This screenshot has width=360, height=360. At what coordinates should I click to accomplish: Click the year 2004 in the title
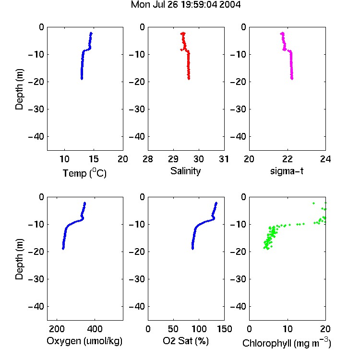[x=230, y=5]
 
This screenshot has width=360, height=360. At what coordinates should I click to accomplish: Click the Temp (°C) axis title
[x=84, y=173]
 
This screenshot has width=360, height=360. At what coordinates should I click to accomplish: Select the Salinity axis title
[x=185, y=171]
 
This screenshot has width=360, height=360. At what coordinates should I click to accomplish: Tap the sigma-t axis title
[x=287, y=171]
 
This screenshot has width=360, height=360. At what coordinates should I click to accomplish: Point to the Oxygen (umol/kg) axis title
[x=84, y=341]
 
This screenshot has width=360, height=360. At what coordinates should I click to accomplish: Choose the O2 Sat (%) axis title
[x=186, y=341]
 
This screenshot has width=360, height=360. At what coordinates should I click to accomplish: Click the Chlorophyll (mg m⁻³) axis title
[x=287, y=343]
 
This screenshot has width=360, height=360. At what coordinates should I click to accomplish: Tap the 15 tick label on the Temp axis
[x=94, y=159]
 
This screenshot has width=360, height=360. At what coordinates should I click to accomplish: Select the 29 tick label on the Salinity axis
[x=173, y=159]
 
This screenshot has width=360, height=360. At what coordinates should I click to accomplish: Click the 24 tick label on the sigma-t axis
[x=325, y=159]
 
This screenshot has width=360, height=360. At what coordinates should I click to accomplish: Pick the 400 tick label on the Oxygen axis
[x=95, y=329]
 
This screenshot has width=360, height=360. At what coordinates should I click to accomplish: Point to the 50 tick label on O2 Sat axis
[x=173, y=329]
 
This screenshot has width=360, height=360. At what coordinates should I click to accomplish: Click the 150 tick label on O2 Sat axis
[x=224, y=329]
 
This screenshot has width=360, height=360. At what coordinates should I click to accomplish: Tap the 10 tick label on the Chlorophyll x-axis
[x=287, y=329]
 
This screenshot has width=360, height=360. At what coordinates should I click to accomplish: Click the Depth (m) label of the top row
[x=19, y=89]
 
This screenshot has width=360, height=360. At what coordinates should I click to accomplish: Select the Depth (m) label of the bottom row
[x=19, y=259]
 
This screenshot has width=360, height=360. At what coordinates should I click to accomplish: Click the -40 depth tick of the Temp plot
[x=36, y=137]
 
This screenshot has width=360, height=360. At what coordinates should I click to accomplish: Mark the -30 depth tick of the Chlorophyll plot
[x=238, y=279]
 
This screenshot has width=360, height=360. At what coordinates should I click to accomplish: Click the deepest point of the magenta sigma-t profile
[x=292, y=79]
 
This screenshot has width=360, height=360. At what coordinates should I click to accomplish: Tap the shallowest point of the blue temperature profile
[x=91, y=33]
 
